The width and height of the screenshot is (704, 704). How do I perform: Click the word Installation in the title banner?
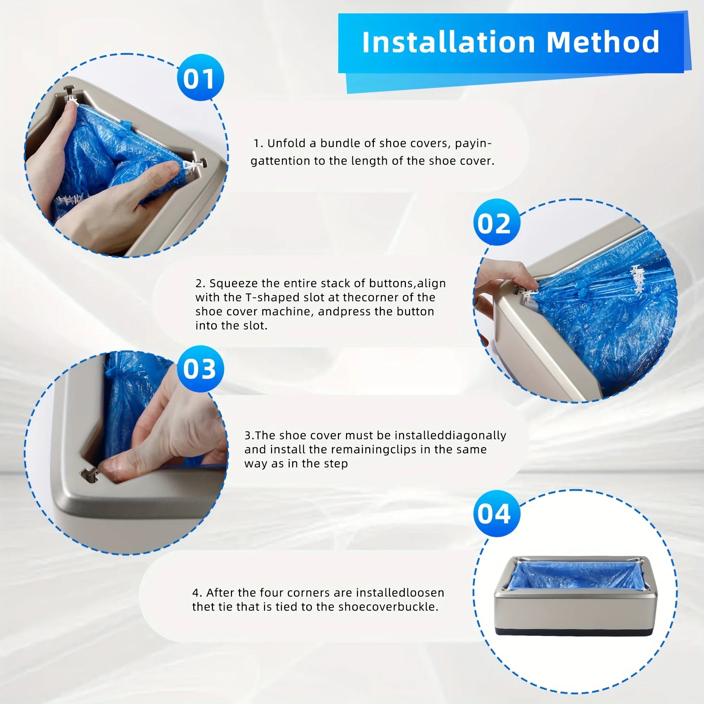pyautogui.click(x=448, y=43)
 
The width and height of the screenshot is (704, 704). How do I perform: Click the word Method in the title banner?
pyautogui.click(x=603, y=43)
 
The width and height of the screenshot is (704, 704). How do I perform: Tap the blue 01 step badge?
pyautogui.click(x=200, y=77)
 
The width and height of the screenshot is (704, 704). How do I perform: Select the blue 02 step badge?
pyautogui.click(x=496, y=222)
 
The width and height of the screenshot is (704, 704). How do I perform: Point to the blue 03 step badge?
pyautogui.click(x=200, y=369)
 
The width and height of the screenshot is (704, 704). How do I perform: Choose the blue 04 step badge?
pyautogui.click(x=496, y=514)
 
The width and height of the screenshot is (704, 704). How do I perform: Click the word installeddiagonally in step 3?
pyautogui.click(x=451, y=435)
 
